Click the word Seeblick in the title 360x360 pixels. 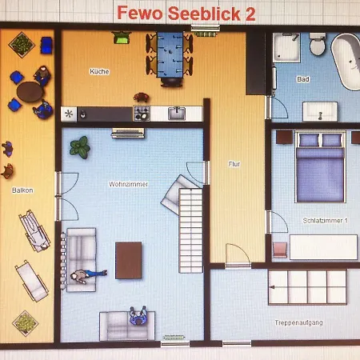pos(204,14)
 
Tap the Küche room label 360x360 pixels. pos(99,71)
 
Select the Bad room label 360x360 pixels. pos(303,79)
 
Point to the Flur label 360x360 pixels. pos(234,164)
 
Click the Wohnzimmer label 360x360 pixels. pos(128,184)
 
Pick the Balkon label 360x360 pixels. pos(22,190)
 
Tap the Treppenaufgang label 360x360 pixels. pos(298,322)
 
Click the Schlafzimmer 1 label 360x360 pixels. pos(326,221)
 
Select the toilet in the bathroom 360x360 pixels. pos(318,44)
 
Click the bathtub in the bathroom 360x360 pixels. pos(346,62)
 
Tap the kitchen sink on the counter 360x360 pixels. pos(177,114)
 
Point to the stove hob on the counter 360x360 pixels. pos(142,114)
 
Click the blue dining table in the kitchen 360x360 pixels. pos(170,55)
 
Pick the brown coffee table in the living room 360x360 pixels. pos(129,260)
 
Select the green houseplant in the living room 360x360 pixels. pos(80,147)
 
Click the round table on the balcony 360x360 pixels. pos(30,92)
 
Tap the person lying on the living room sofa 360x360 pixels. pos(89,275)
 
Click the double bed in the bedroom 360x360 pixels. pos(320,166)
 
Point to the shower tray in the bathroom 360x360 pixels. pos(286,47)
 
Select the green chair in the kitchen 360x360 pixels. pos(122,38)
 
